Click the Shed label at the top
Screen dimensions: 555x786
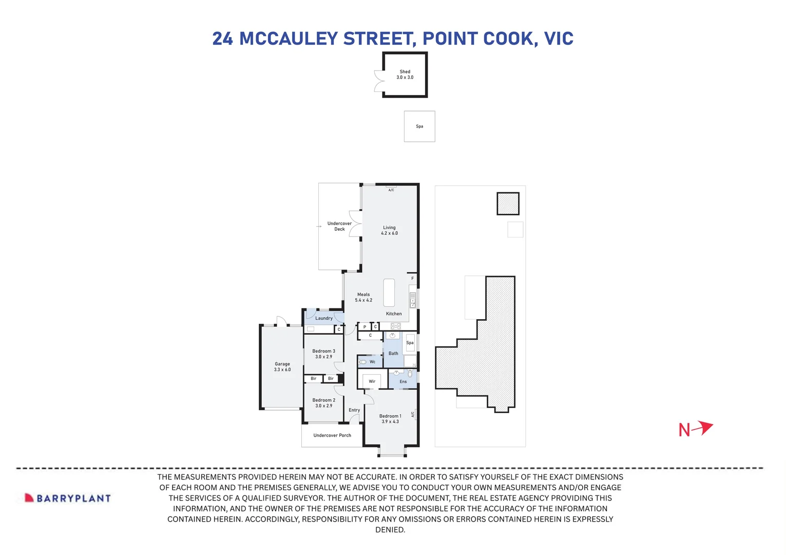click(x=405, y=75)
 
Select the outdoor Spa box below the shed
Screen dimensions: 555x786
click(x=419, y=126)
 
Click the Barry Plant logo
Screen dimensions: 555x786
click(x=68, y=498)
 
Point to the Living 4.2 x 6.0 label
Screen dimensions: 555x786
click(x=389, y=230)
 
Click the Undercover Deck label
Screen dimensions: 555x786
click(x=339, y=226)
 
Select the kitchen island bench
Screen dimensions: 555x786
click(x=389, y=292)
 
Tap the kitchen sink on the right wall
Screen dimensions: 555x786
click(x=412, y=300)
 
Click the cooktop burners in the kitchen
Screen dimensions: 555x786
click(x=395, y=326)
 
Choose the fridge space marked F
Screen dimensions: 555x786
click(x=412, y=279)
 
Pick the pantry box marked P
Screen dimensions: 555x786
click(x=365, y=327)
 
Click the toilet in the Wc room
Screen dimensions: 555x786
click(x=363, y=362)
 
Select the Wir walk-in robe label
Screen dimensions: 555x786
click(x=372, y=381)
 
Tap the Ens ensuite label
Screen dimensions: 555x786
click(x=403, y=381)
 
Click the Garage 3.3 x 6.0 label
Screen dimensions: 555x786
click(x=282, y=367)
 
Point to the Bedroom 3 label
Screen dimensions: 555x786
click(x=323, y=354)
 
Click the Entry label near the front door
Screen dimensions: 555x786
click(x=354, y=410)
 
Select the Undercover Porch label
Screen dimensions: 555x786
click(x=332, y=435)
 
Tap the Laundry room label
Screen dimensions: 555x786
click(x=324, y=318)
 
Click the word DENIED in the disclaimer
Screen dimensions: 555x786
click(x=390, y=530)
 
